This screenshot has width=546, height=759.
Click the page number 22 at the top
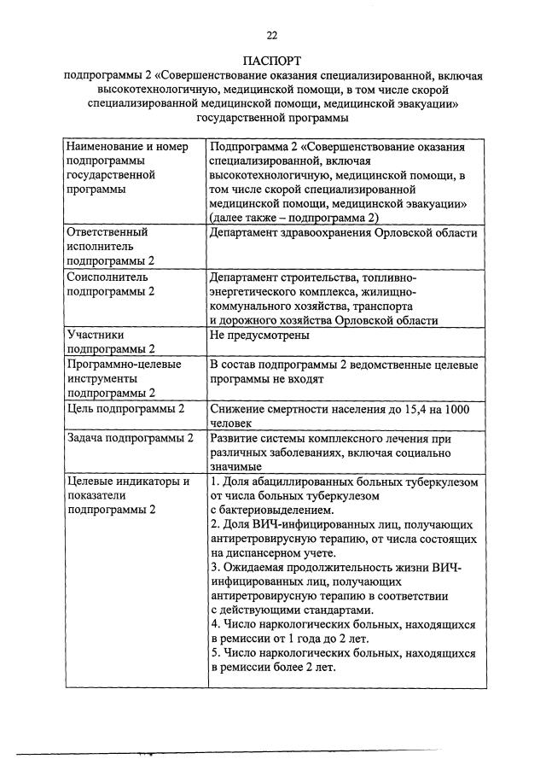tap(272, 35)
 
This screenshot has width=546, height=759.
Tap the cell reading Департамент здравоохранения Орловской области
tap(343, 232)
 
